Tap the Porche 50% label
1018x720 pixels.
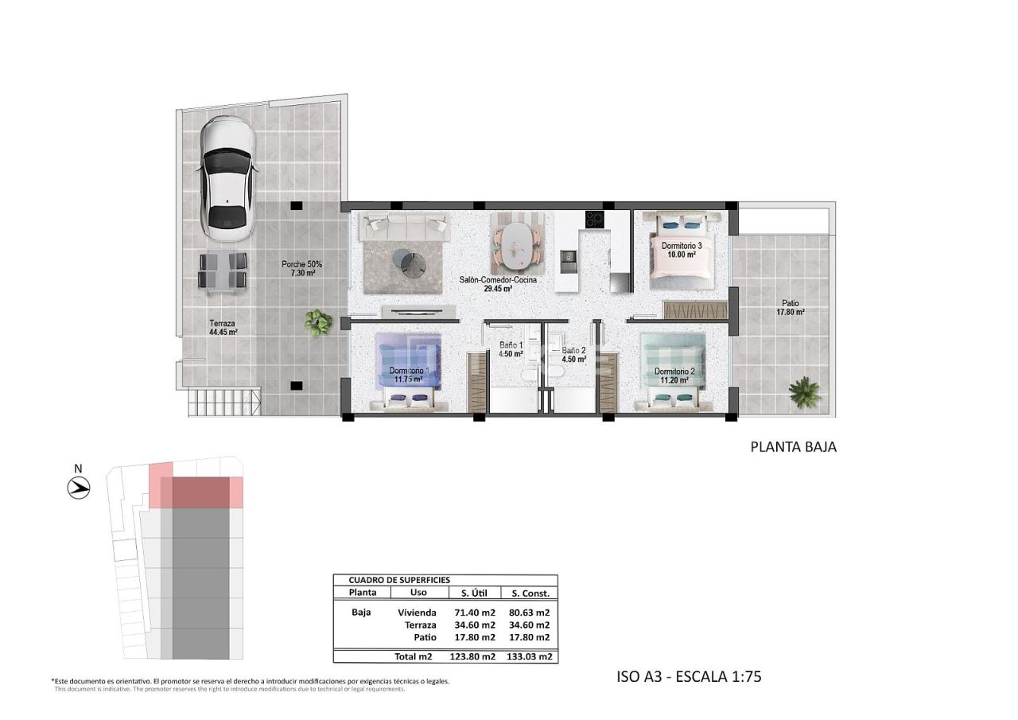coord(301,268)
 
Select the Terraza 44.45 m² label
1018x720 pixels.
coord(223,328)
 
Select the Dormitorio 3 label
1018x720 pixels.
coord(682,251)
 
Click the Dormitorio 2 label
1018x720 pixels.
coord(674,376)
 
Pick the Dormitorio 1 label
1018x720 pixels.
coord(410,375)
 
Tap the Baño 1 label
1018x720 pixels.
coord(511,350)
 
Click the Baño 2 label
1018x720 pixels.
coord(573,354)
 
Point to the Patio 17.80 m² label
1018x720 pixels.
coord(790,307)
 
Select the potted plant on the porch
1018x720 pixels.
coord(318,322)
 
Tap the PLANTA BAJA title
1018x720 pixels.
coord(793,447)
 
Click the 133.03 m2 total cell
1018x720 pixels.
coord(530,657)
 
